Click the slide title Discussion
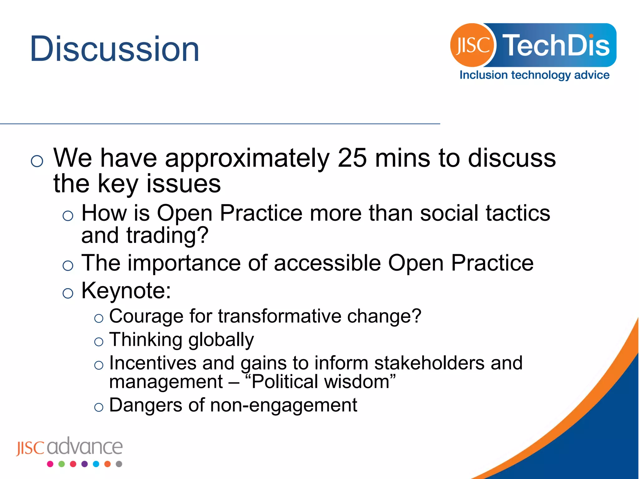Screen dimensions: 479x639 114,49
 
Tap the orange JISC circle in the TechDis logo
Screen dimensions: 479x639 472,45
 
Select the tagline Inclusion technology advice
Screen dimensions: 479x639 534,75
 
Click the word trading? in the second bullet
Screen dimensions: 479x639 167,235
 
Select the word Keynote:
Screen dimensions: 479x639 126,291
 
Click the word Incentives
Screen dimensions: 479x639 153,363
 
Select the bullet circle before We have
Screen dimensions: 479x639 37,161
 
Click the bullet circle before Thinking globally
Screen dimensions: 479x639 99,342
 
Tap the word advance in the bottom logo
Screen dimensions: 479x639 85,447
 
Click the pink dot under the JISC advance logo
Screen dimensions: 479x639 50,464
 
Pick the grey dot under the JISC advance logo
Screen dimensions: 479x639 119,464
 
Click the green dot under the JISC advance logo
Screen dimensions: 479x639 61,464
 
